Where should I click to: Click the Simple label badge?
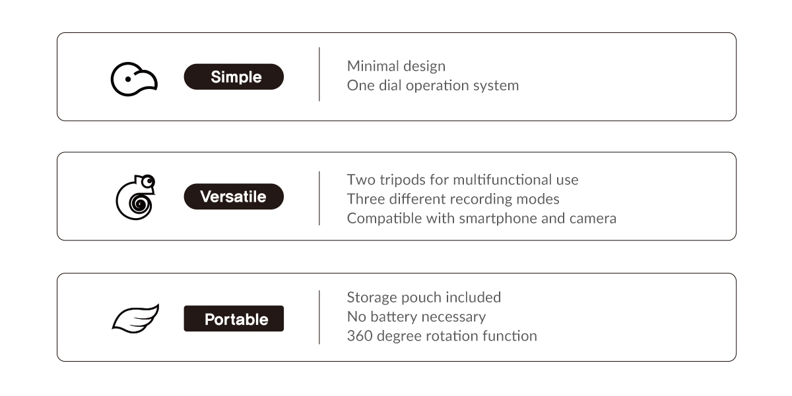pos(234,76)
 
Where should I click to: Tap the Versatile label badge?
pos(234,196)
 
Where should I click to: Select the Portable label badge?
pos(234,318)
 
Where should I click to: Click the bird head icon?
pos(134,79)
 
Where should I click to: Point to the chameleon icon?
pos(136,197)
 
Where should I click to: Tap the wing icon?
pos(135,318)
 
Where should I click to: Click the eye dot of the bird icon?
pos(128,79)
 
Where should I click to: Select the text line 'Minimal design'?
pos(396,66)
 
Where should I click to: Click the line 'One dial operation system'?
pos(433,86)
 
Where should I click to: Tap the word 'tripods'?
pos(403,180)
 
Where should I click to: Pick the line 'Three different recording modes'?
pos(453,199)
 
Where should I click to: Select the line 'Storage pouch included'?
pos(424,297)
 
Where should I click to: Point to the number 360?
pos(360,335)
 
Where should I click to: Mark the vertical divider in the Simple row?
pos(319,74)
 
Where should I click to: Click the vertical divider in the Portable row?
pos(319,317)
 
